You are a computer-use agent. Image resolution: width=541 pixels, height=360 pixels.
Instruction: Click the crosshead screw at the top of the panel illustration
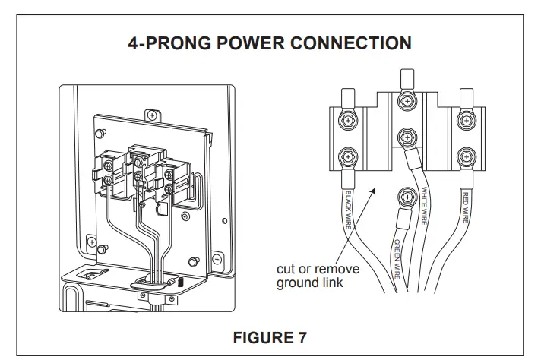[x=151, y=115]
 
